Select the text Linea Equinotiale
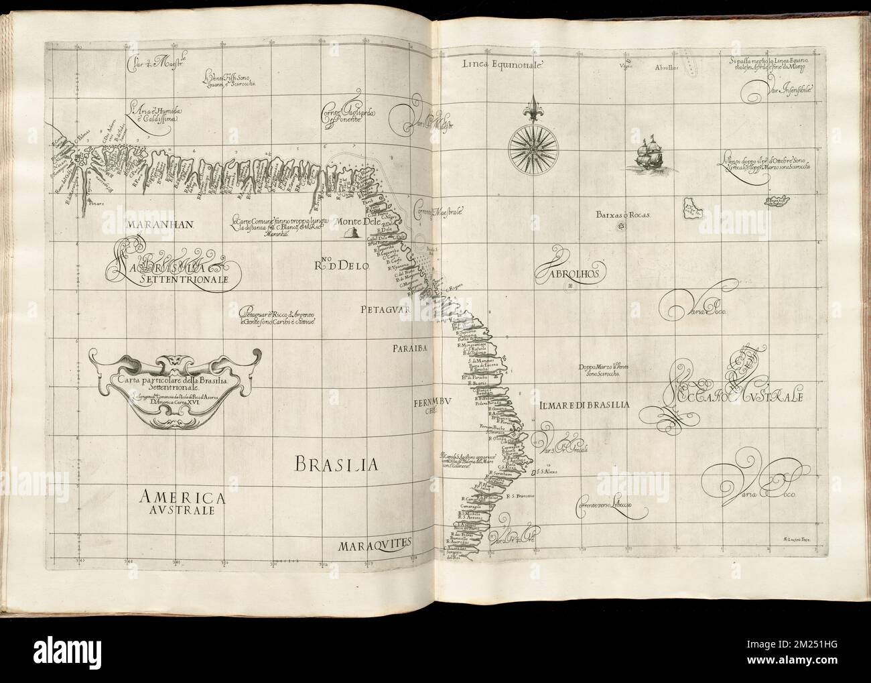(505, 65)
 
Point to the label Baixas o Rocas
(623, 216)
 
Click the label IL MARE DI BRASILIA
(581, 405)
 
